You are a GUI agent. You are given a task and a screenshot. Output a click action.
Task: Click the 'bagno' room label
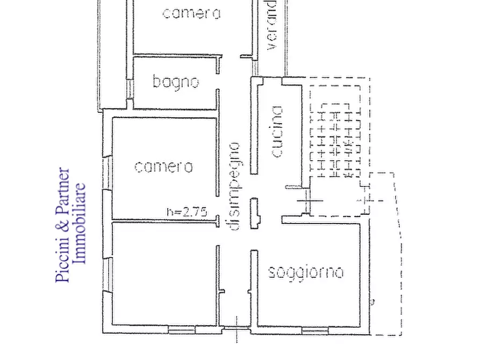click(x=176, y=82)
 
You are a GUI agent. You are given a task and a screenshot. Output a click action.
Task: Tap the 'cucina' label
click(x=276, y=132)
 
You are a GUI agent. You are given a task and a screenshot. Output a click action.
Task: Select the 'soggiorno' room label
click(x=306, y=272)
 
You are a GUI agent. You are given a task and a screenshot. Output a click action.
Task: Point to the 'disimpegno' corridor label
click(x=234, y=185)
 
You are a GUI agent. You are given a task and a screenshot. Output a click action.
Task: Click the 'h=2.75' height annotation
click(x=187, y=212)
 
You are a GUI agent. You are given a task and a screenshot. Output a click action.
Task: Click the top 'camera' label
click(x=191, y=13)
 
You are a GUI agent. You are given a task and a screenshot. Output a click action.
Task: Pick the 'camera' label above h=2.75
click(x=163, y=167)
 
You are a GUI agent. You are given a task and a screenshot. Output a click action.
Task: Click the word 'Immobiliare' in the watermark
click(x=80, y=224)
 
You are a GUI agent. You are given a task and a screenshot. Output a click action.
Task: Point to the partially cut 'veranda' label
click(x=271, y=24)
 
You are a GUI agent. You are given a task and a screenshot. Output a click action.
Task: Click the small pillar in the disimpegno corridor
click(x=254, y=213)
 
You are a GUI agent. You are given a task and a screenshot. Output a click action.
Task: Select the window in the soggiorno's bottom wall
click(x=316, y=329)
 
